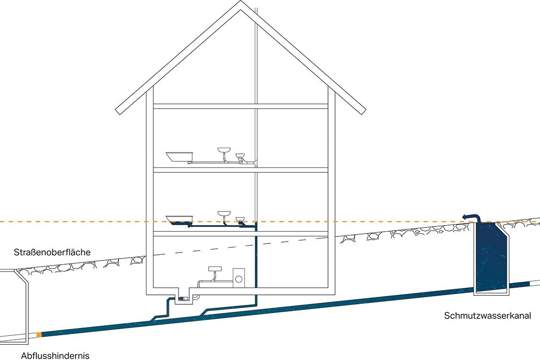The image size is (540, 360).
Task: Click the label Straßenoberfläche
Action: (52, 252)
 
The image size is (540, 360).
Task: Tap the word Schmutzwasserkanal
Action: (488, 316)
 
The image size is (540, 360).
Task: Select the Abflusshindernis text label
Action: (55, 355)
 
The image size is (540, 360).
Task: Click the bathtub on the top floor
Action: (180, 156)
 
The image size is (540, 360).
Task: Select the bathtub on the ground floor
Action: (180, 219)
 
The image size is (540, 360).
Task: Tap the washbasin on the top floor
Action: (224, 151)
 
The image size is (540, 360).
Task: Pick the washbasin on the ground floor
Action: (224, 215)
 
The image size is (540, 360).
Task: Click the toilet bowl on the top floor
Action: (241, 156)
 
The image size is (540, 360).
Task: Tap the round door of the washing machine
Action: (239, 278)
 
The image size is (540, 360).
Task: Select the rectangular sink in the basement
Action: (215, 268)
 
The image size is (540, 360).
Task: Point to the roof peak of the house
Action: (241, 4)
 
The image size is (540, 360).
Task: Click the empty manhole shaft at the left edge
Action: (14, 302)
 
